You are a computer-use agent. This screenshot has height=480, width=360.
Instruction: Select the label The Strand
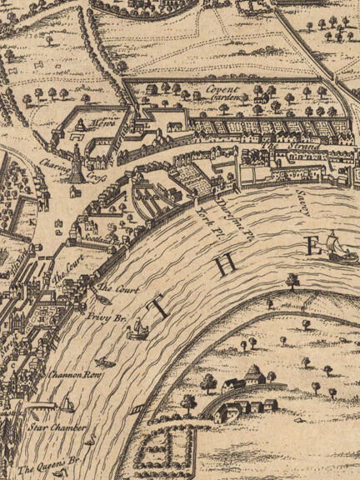click(x=280, y=147)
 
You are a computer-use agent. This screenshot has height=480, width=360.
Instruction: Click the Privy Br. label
click(x=97, y=317)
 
